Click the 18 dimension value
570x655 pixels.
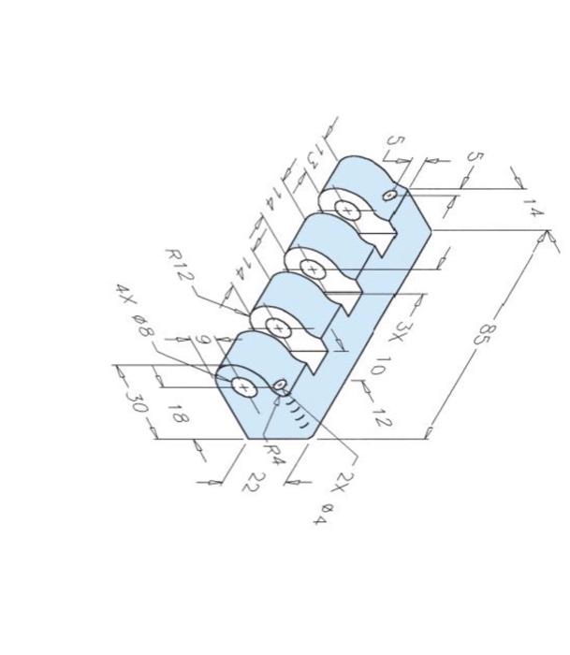pyautogui.click(x=175, y=413)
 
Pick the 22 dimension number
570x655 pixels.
pyautogui.click(x=255, y=482)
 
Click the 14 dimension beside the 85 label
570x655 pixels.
pyautogui.click(x=532, y=207)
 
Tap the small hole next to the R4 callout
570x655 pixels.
pyautogui.click(x=279, y=384)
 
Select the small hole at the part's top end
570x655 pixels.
pyautogui.click(x=390, y=195)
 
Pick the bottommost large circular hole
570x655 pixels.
pyautogui.click(x=243, y=386)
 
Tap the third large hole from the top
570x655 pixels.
pyautogui.click(x=278, y=327)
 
